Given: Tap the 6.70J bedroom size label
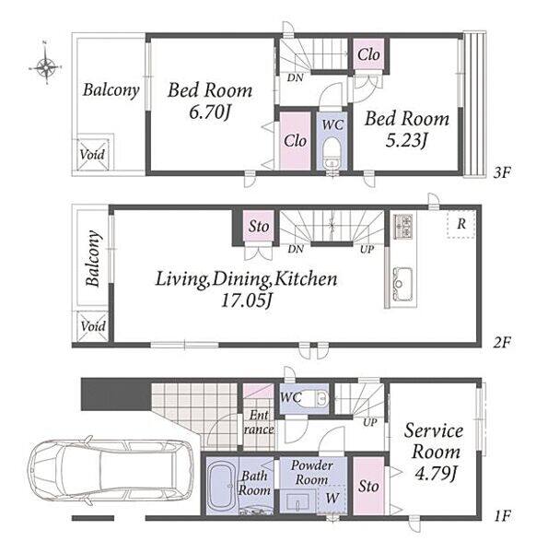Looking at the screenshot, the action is (210, 112).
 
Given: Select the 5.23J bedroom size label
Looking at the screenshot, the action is (406, 141).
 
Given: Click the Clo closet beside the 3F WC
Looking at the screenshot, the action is (296, 141).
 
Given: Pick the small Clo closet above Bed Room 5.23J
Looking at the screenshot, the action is (368, 54).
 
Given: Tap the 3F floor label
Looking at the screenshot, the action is (502, 172).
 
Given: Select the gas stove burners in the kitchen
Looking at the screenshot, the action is (402, 226).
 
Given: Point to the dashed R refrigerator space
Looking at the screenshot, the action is (460, 224).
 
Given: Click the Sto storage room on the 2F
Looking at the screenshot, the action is (259, 226).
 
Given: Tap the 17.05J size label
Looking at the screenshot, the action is (247, 300).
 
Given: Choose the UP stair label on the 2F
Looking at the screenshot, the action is (367, 249).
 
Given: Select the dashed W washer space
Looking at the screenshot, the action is (331, 498).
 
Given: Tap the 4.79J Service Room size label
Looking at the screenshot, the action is (436, 474).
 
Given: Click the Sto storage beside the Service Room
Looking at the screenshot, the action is (368, 486).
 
